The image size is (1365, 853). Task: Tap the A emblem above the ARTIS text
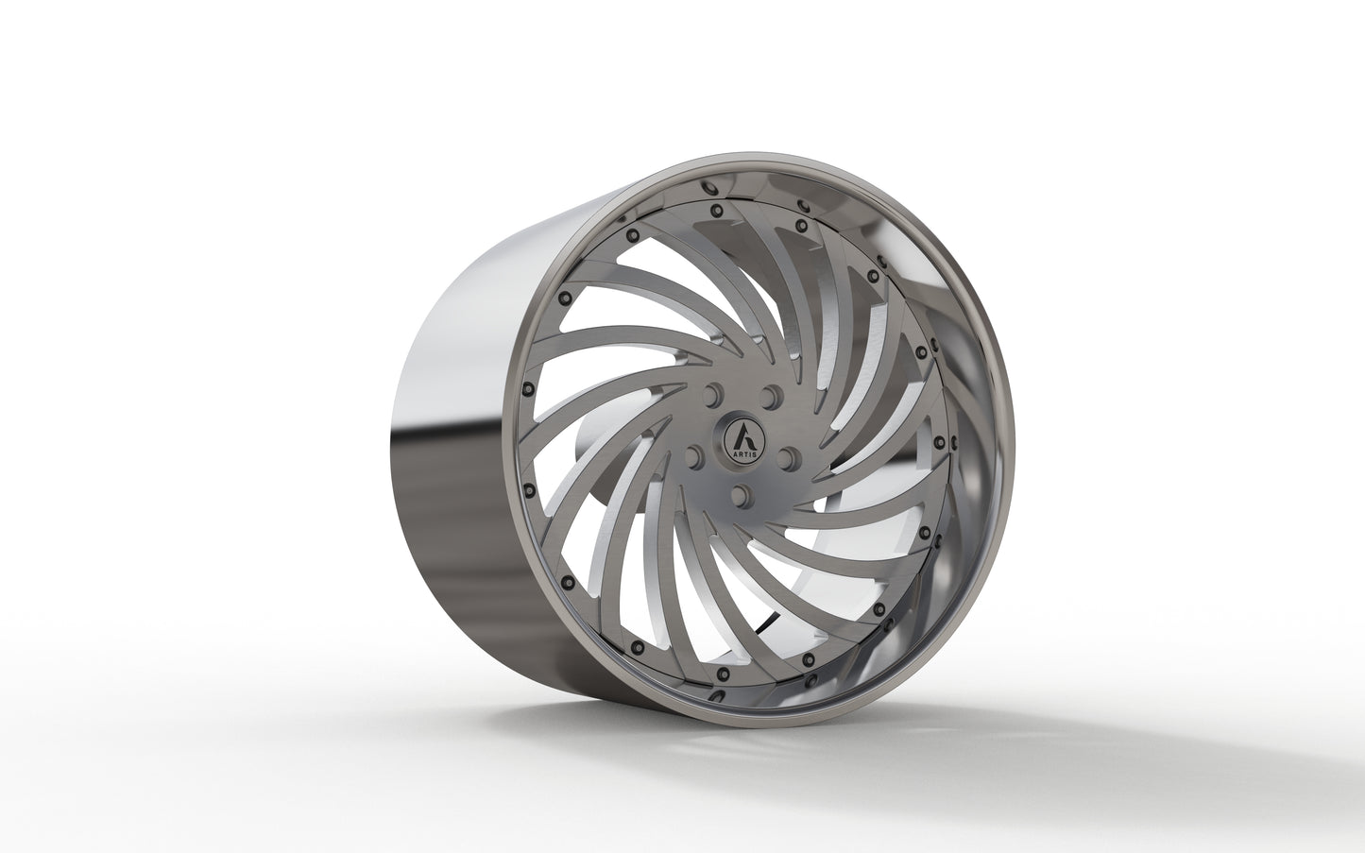742,436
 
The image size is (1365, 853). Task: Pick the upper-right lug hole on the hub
773,392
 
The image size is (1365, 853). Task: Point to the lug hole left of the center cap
694,457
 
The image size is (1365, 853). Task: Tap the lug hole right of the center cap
791,456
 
